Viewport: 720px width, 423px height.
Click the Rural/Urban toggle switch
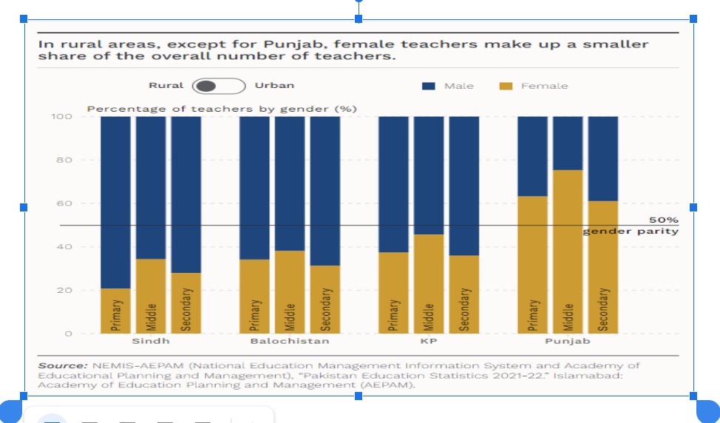click(218, 86)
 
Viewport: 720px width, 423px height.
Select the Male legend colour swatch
click(429, 87)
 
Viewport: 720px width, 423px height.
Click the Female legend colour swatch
click(506, 87)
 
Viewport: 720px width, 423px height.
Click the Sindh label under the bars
click(150, 342)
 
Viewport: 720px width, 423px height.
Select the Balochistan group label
click(289, 342)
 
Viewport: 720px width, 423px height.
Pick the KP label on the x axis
click(428, 342)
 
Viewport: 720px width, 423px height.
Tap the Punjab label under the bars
click(567, 342)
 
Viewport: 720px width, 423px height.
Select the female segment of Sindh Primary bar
click(115, 311)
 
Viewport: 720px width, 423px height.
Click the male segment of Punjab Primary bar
click(532, 156)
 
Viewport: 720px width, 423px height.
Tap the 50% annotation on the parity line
click(663, 220)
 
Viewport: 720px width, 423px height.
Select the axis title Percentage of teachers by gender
click(222, 109)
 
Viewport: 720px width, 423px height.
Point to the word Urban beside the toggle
click(274, 86)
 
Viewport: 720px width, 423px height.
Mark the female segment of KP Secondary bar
click(463, 294)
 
